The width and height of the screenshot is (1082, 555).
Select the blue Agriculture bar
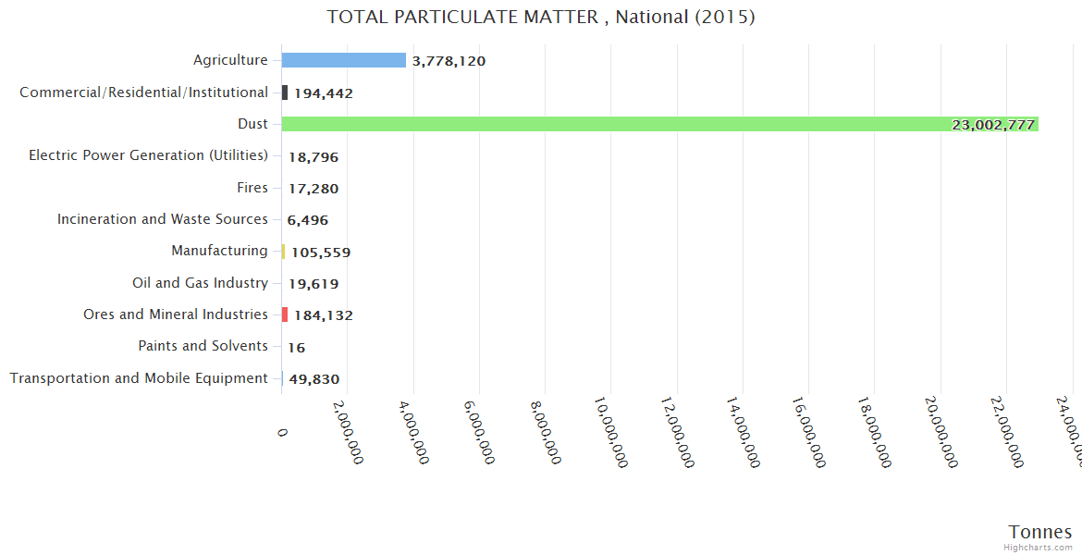click(x=343, y=60)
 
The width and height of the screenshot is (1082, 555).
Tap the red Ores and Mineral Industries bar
click(x=285, y=314)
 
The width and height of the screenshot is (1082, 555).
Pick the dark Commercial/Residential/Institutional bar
click(x=285, y=92)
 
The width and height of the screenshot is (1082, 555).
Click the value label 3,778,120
click(x=449, y=61)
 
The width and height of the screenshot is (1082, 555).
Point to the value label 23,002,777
click(x=992, y=125)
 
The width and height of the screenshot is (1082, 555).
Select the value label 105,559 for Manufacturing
click(x=320, y=253)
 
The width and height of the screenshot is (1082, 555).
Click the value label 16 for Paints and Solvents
click(x=296, y=348)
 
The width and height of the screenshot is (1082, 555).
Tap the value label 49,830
click(x=314, y=379)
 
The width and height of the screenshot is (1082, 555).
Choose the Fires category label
click(x=252, y=188)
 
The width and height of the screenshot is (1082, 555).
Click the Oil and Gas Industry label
click(x=200, y=283)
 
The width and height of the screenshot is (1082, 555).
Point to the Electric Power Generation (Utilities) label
click(x=148, y=155)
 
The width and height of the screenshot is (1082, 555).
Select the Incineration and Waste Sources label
click(x=162, y=219)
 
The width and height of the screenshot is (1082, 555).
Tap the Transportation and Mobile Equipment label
click(x=139, y=378)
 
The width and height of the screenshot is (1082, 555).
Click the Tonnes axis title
click(x=1039, y=532)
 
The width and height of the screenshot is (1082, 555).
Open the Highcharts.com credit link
click(x=1039, y=548)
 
